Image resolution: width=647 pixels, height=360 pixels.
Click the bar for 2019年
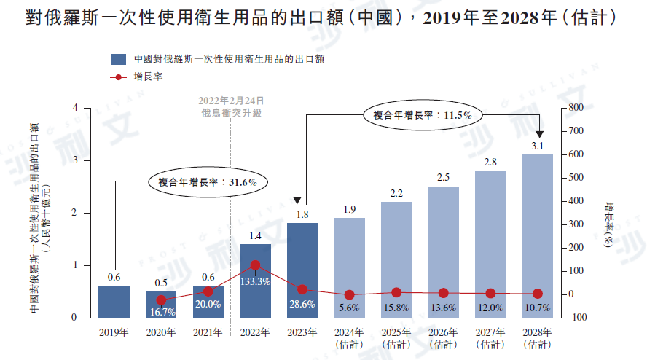click(x=114, y=302)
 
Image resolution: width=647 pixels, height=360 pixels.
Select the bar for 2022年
click(x=255, y=281)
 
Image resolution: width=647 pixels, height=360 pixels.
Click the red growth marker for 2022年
click(x=255, y=266)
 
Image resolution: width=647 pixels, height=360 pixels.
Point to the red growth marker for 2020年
click(x=161, y=300)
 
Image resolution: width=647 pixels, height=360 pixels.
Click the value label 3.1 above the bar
click(x=538, y=146)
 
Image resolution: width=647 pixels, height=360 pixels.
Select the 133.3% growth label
click(x=255, y=281)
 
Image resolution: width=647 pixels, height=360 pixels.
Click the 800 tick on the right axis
click(x=576, y=108)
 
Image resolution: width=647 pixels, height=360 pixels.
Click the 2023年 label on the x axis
click(x=302, y=332)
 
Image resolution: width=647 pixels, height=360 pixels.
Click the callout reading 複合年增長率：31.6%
click(x=208, y=182)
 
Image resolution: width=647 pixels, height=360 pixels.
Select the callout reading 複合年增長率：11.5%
click(x=423, y=114)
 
